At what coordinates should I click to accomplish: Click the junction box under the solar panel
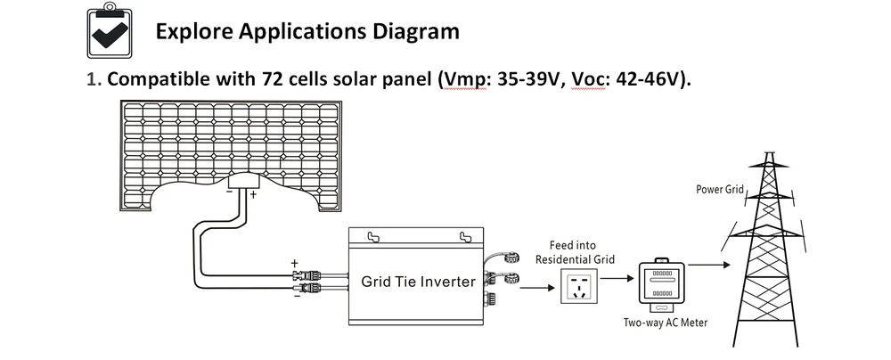(244, 182)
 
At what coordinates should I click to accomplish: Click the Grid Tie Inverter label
(418, 281)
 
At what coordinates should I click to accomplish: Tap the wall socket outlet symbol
(578, 287)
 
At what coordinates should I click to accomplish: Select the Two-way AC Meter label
(665, 323)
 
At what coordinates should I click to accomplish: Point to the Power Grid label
(719, 190)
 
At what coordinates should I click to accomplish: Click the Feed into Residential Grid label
(575, 252)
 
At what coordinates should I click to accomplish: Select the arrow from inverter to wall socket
(537, 288)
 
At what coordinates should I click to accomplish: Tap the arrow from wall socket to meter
(617, 278)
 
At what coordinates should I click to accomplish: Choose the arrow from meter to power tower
(709, 265)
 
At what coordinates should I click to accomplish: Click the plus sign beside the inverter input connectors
(294, 264)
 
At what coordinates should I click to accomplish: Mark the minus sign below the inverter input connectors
(297, 295)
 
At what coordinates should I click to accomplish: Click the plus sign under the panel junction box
(253, 194)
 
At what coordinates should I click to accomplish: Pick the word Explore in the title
(193, 32)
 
